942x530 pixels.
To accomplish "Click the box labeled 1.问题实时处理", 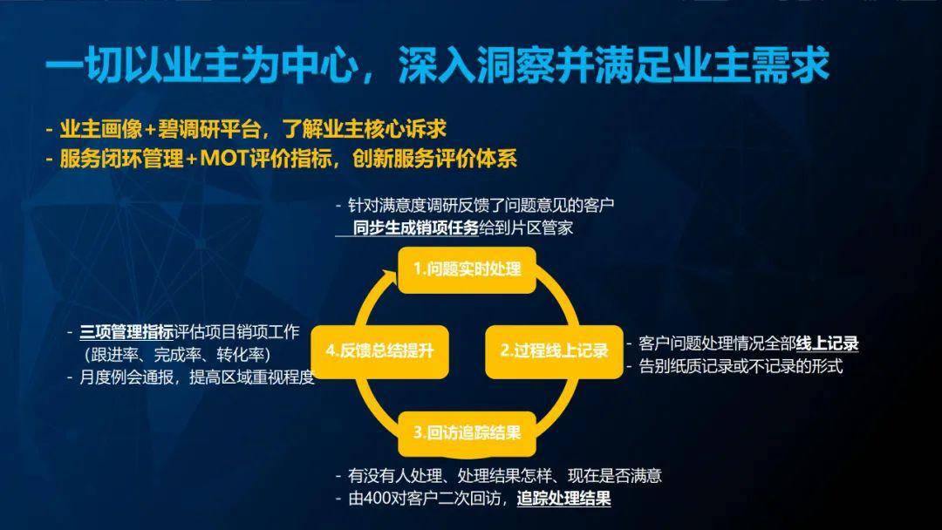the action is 467,269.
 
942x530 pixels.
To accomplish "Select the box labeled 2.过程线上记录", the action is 554,351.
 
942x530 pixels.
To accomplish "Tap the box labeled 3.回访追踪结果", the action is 467,433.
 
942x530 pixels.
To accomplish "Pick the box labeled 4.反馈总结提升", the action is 379,351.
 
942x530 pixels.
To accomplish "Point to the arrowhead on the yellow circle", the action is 389,277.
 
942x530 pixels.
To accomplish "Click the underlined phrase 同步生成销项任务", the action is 416,228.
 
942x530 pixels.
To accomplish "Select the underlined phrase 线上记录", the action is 827,344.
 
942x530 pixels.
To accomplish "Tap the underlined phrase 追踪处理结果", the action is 563,499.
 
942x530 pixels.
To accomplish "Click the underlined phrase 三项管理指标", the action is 126,332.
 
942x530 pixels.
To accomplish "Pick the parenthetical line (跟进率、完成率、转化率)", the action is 178,355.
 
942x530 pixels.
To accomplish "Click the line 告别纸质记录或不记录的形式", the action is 741,366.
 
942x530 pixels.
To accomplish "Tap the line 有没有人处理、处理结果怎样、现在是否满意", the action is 505,476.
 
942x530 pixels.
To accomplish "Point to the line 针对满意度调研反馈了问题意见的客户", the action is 481,206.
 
